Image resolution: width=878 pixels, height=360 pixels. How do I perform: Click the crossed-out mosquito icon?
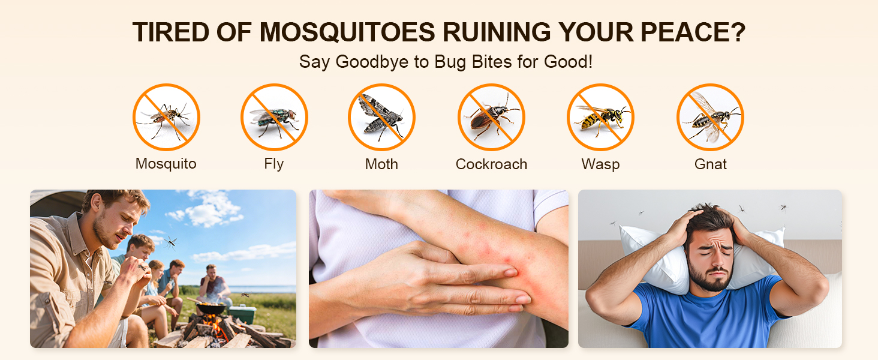[x=166, y=117]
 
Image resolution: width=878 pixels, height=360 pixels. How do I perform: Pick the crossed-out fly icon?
[x=274, y=117]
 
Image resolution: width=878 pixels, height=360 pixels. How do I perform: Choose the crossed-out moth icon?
[x=381, y=117]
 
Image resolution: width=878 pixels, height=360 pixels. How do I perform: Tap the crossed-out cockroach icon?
[x=491, y=117]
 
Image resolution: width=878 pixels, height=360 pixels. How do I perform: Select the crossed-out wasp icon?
[x=600, y=117]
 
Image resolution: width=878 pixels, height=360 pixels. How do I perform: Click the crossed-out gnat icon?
[x=710, y=117]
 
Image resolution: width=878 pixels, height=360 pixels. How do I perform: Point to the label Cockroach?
[x=491, y=164]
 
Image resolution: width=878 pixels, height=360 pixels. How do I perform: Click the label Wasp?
[x=600, y=164]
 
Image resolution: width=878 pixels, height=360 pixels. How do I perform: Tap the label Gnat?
[x=710, y=164]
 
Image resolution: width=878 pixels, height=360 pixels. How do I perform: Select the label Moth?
[x=381, y=164]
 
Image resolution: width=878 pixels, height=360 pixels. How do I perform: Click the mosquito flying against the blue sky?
[x=170, y=242]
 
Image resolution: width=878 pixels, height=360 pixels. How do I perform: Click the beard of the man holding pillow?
[x=711, y=279]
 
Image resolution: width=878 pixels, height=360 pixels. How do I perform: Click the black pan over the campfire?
[x=209, y=308]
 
